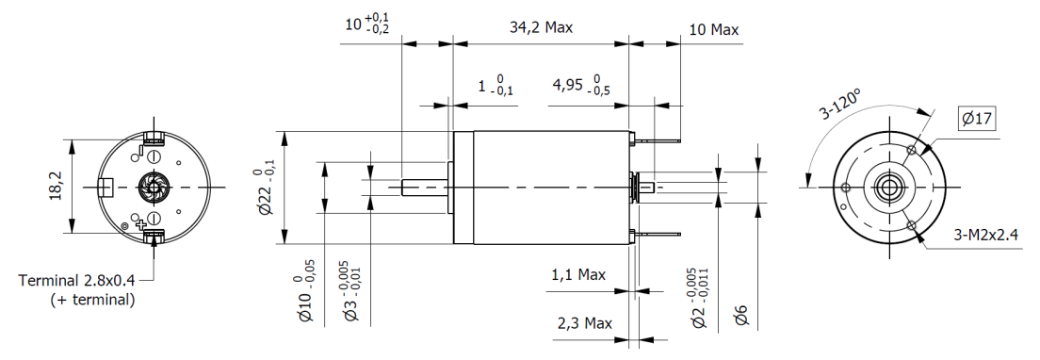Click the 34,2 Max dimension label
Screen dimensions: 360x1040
pos(541,28)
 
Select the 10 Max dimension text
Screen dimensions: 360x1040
pos(713,30)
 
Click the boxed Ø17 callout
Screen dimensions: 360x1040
pos(976,119)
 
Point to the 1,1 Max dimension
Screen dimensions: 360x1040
pos(577,275)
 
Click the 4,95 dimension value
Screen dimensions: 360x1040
pos(567,86)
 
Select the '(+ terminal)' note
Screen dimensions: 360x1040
pos(91,300)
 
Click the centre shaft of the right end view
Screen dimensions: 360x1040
pos(886,187)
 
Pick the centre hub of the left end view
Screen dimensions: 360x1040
pos(152,188)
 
